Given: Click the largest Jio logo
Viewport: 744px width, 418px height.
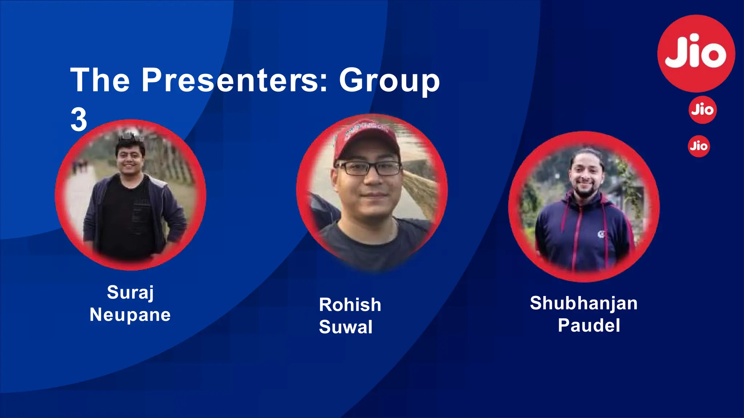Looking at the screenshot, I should [x=696, y=53].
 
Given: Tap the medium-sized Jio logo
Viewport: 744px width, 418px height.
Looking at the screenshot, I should [x=703, y=110].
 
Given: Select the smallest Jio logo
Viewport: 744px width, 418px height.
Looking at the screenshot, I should [x=699, y=146].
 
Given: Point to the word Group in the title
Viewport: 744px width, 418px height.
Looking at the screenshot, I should [x=389, y=81].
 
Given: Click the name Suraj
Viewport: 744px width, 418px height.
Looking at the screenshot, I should [x=130, y=292].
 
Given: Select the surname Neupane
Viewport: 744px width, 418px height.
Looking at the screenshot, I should [x=130, y=315].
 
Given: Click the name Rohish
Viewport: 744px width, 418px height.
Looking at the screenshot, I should [x=350, y=305].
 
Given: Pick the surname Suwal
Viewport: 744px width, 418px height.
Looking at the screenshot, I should [x=346, y=327].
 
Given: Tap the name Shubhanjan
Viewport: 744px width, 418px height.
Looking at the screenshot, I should [x=583, y=303].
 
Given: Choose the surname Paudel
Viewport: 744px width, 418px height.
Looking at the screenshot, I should [x=589, y=325].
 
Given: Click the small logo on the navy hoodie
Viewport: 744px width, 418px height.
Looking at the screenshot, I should [x=601, y=234].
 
